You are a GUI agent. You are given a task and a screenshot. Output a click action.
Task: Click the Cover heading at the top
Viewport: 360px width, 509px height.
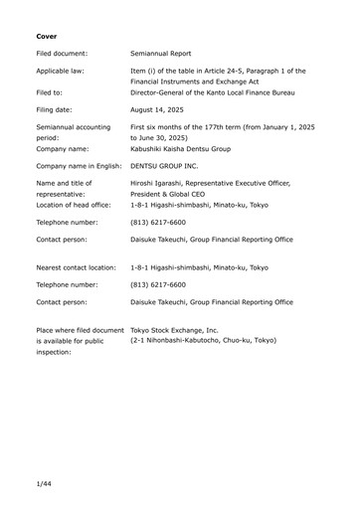[46, 36]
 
